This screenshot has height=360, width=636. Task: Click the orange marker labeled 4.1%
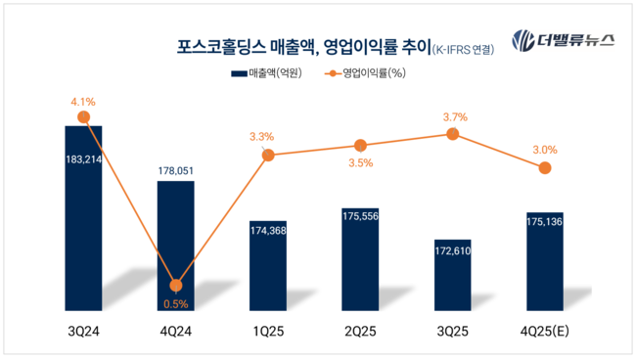(84, 117)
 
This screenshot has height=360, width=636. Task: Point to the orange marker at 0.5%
(176, 286)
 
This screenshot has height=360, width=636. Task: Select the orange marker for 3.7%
(453, 134)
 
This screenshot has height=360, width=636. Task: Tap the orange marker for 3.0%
(545, 168)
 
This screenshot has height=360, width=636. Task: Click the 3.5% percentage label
(360, 163)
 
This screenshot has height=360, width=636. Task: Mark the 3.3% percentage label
(262, 137)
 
